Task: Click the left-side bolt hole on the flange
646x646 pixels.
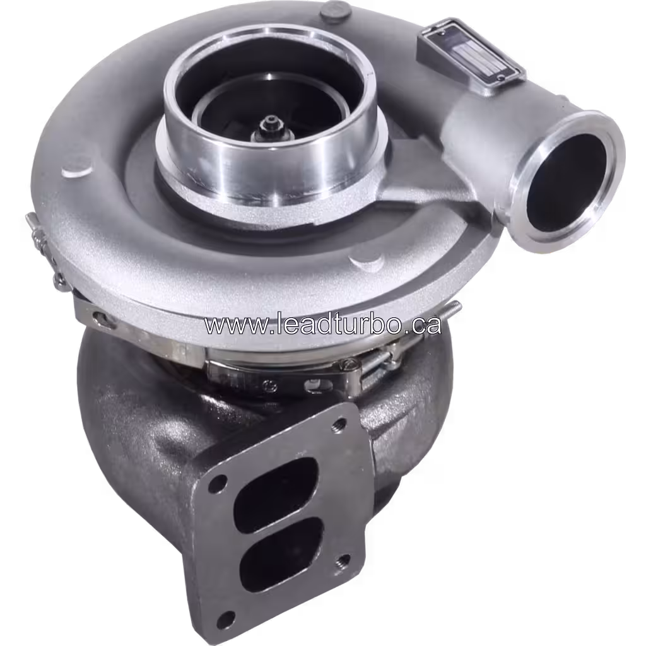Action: (217, 483)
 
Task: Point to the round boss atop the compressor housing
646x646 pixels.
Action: (334, 10)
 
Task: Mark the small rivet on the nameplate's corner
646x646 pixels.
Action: (500, 78)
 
